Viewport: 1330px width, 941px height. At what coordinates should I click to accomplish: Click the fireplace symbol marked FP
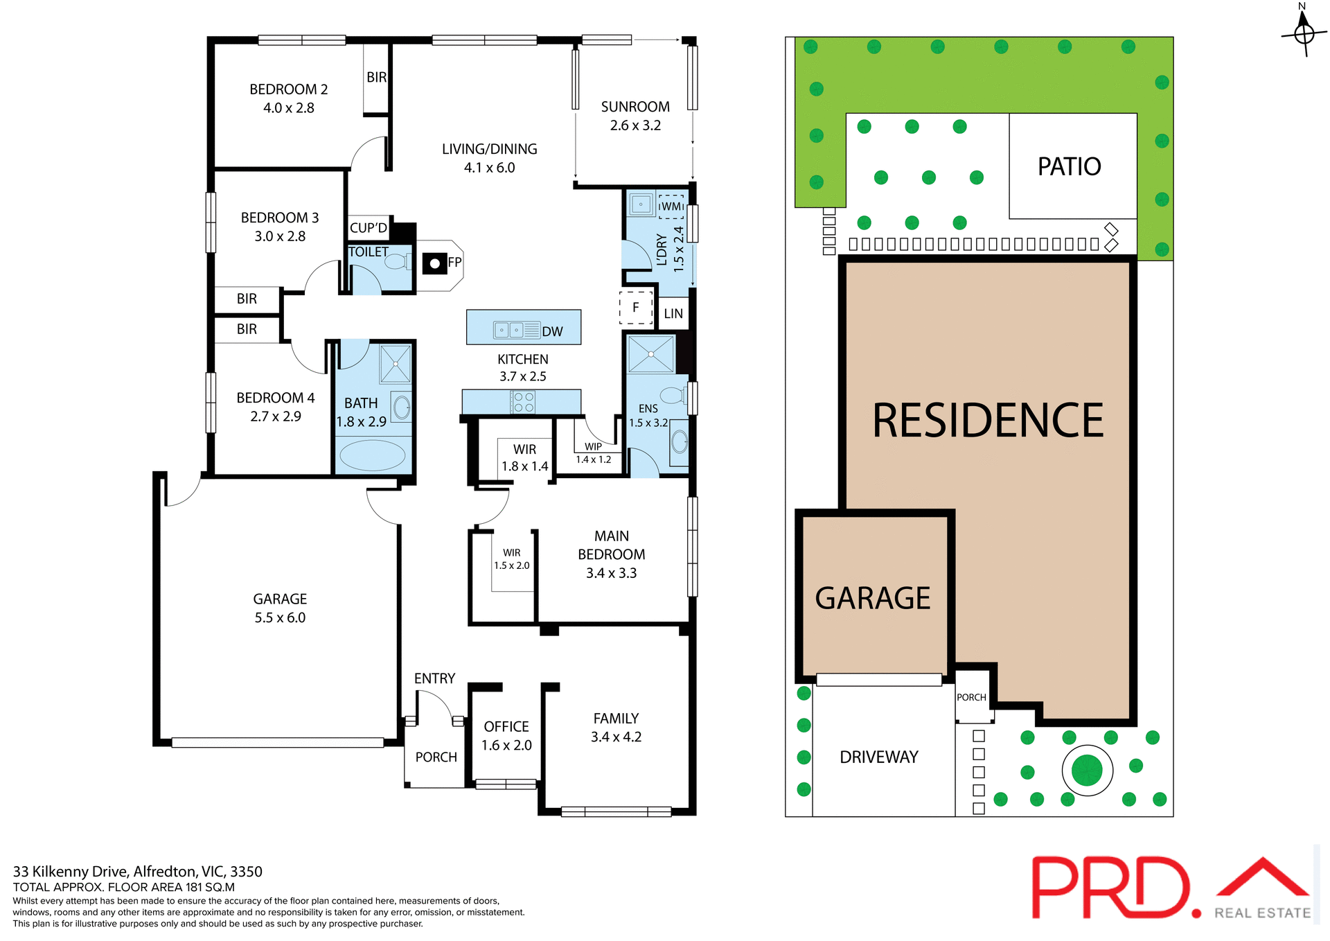click(435, 263)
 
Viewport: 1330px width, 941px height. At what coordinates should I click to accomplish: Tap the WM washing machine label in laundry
click(671, 206)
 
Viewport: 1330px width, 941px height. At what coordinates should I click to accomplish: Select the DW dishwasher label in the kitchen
click(552, 332)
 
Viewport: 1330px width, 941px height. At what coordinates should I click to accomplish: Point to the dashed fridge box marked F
click(636, 308)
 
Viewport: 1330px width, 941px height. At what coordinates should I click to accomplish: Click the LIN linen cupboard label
click(673, 314)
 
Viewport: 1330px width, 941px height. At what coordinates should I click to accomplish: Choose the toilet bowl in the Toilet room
click(396, 262)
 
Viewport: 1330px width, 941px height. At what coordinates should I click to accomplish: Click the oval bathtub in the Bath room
click(373, 456)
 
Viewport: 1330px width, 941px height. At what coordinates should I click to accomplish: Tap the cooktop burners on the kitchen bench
click(523, 402)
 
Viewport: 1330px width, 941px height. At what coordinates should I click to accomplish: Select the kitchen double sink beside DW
click(509, 331)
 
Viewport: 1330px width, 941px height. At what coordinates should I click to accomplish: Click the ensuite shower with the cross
click(651, 354)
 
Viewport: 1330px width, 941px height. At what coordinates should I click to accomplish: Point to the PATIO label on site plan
click(1069, 167)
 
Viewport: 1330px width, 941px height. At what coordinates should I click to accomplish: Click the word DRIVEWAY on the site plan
click(879, 757)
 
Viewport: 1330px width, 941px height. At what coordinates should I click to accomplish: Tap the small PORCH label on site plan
click(971, 697)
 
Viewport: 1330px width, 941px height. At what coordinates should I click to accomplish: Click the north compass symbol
click(1304, 32)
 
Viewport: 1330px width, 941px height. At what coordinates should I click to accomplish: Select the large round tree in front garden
click(1087, 770)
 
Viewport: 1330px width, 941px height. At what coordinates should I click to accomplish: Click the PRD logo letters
click(1112, 887)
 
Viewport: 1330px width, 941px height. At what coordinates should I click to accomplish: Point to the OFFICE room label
click(506, 727)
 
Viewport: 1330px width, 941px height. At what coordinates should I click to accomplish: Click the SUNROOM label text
click(635, 107)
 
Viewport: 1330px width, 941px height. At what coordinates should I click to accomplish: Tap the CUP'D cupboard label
click(369, 228)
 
